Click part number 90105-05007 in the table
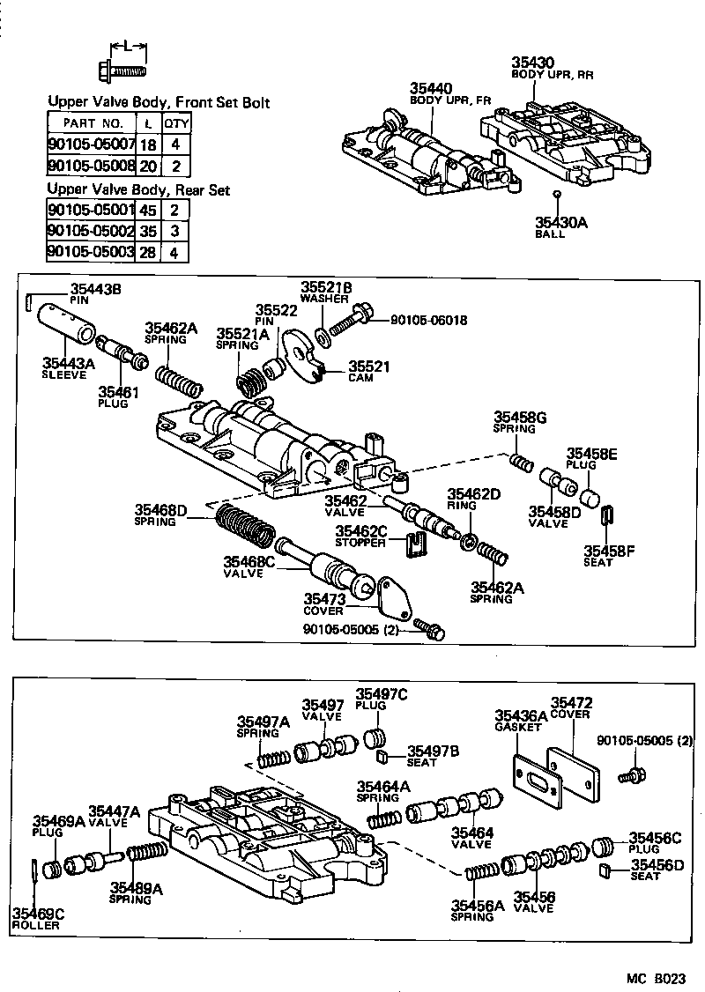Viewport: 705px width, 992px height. [91, 144]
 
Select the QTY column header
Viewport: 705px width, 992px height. [176, 123]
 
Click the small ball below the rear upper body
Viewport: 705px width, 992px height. [556, 194]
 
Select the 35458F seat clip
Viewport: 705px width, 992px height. [607, 516]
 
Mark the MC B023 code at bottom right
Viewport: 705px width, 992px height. [657, 979]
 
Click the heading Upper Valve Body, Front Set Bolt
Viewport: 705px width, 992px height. [159, 103]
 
